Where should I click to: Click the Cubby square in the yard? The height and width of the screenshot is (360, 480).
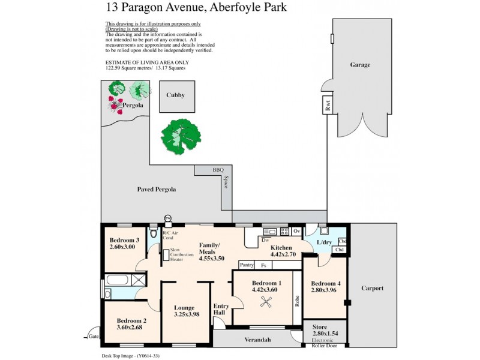pos(176,95)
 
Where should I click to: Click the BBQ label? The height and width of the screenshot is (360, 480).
pos(218,170)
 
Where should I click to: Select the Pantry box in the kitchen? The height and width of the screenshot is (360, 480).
pos(246,265)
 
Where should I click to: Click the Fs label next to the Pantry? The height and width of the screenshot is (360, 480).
pos(263,265)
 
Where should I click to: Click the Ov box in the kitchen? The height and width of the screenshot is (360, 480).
pos(297,231)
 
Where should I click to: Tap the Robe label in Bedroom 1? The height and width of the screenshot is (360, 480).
pos(296,301)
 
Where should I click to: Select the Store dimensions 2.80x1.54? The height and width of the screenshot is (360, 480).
pos(326,335)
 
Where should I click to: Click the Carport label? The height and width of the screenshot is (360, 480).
pos(372,288)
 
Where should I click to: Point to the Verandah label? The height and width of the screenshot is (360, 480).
pos(258,340)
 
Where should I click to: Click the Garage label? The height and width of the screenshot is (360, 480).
pos(361,65)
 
